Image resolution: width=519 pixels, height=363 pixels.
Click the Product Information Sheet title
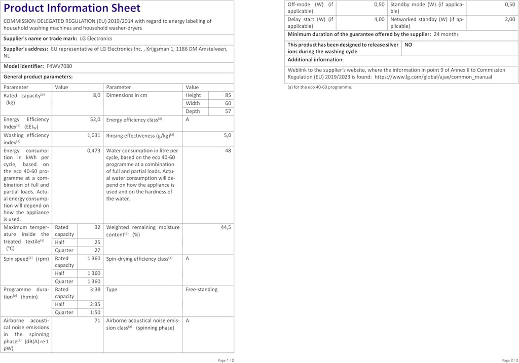(72, 8)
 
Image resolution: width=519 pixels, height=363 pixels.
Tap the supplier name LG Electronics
(96, 38)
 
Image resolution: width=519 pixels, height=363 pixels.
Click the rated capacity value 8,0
(96, 95)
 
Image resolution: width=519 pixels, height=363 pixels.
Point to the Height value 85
(228, 95)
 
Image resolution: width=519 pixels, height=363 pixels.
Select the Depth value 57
(228, 111)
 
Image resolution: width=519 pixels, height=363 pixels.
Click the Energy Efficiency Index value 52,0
(95, 119)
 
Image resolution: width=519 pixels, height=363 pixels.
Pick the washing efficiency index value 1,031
(94, 136)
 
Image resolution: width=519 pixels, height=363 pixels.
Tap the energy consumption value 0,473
(94, 151)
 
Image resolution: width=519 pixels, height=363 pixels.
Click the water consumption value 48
(228, 151)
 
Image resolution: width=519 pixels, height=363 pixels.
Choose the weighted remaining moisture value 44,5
(226, 228)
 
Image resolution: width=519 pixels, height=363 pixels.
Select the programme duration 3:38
(95, 290)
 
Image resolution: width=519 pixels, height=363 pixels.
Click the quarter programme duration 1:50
(95, 313)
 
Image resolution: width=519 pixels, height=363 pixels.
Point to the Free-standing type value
(201, 290)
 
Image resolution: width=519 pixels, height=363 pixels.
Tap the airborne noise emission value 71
(97, 321)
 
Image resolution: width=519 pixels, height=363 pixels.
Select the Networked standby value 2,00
(509, 19)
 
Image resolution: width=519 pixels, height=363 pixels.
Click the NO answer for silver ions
(408, 45)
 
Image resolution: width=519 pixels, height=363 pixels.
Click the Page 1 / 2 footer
(226, 360)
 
